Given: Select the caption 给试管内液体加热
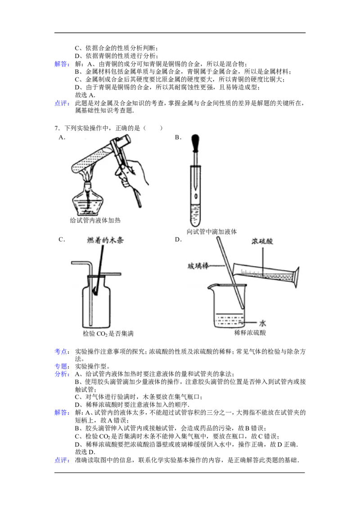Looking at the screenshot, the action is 95,220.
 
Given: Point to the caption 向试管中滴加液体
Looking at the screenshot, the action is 211,232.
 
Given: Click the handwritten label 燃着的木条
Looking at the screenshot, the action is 105,241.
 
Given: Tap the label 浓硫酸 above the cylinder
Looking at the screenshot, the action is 262,241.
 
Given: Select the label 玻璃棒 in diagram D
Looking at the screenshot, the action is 198,266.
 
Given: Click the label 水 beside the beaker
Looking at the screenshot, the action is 262,323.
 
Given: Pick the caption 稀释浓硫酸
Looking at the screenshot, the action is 250,333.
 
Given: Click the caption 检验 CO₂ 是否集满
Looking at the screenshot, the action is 108,334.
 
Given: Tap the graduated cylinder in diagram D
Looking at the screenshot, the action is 266,274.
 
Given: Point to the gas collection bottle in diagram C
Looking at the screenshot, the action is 96,302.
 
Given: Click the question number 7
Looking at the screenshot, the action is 57,128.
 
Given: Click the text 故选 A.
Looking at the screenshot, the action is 85,95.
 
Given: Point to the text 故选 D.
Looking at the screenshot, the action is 85,452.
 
